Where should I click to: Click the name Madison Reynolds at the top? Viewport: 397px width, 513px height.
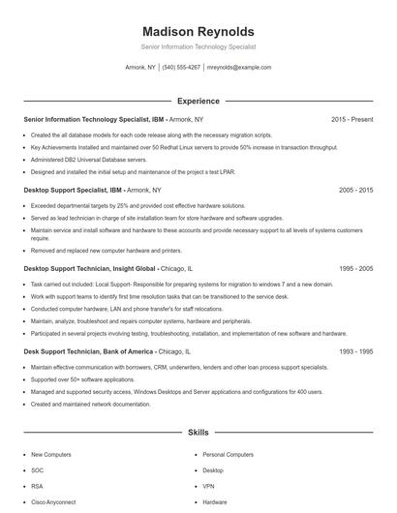tap(198, 31)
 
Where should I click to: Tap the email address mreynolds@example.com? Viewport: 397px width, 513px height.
tap(239, 68)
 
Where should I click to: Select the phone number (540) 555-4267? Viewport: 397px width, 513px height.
tap(181, 68)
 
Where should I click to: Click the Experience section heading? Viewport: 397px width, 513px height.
tap(198, 101)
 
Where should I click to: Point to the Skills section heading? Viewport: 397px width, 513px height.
tap(198, 435)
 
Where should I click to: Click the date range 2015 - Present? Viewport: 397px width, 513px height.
tap(351, 119)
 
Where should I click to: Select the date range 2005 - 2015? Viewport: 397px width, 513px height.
tap(355, 191)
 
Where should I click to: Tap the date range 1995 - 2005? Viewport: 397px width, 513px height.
tap(355, 268)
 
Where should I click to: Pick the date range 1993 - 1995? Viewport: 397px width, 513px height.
tap(355, 352)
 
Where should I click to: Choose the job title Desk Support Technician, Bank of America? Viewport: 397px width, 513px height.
tap(88, 352)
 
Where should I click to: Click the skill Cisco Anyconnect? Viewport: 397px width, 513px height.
tap(54, 502)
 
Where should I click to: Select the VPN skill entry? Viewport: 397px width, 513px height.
tap(208, 486)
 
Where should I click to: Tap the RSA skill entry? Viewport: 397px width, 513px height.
tap(37, 486)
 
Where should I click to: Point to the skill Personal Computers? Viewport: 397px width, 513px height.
tap(228, 454)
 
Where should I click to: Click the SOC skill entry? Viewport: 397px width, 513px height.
tap(38, 470)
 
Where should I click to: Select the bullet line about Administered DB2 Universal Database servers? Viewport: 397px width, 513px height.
tap(89, 160)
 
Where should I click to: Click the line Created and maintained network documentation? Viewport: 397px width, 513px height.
tap(91, 405)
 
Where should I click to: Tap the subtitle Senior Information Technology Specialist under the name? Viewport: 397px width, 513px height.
tap(198, 46)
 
